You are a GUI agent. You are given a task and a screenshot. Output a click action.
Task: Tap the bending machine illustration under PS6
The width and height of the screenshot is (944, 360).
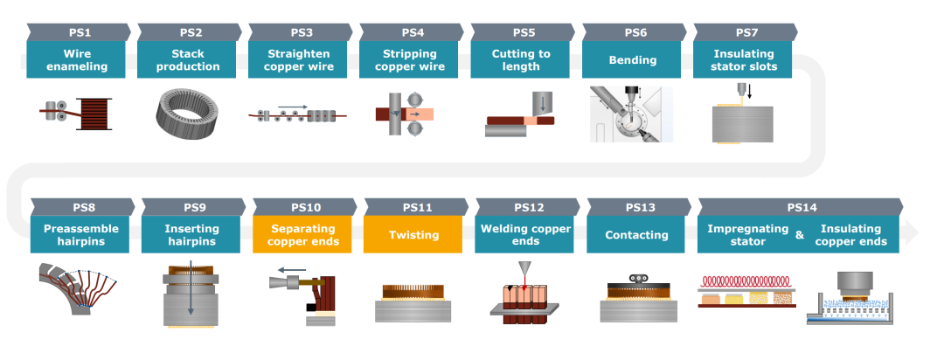(632, 114)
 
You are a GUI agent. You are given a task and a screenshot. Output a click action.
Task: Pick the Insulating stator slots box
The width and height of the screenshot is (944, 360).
(744, 60)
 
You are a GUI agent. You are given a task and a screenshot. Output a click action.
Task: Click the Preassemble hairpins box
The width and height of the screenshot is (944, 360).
(80, 235)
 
